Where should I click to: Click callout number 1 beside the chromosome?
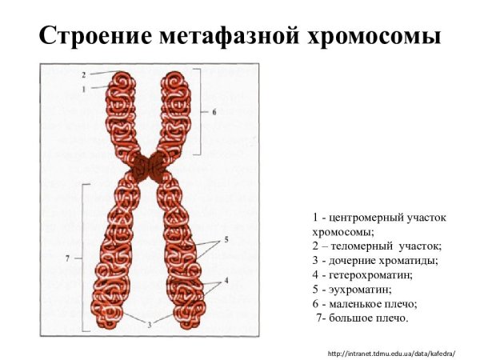(x=83, y=89)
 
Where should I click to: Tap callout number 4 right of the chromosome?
(x=227, y=280)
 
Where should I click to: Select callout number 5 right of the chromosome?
(x=227, y=239)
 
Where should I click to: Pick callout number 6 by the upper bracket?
(x=214, y=112)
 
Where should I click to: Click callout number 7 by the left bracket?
(x=67, y=258)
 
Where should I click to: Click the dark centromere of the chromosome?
(x=150, y=166)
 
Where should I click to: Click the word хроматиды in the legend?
(x=410, y=261)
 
